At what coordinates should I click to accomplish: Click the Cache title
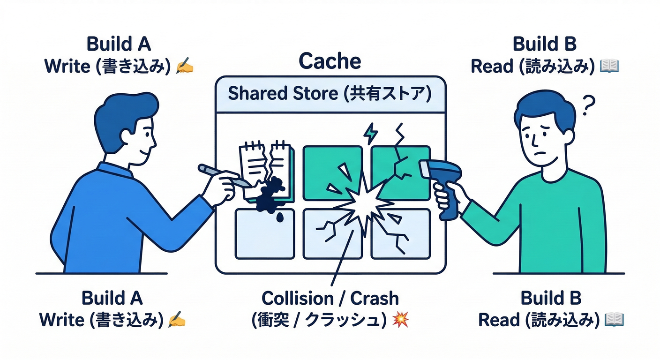pyautogui.click(x=330, y=61)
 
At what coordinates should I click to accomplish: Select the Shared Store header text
pyautogui.click(x=330, y=94)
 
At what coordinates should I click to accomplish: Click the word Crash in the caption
pyautogui.click(x=375, y=298)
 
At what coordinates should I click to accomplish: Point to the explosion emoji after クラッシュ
pyautogui.click(x=400, y=320)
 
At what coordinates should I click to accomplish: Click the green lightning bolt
pyautogui.click(x=370, y=133)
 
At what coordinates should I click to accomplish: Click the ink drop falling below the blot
pyautogui.click(x=279, y=217)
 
